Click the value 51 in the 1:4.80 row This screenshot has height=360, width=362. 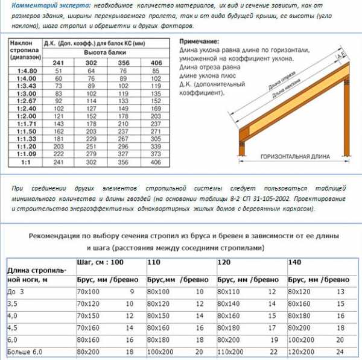[x=59, y=71]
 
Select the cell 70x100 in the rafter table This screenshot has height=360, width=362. [x=90, y=291]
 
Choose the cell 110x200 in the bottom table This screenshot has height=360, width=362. [x=230, y=351]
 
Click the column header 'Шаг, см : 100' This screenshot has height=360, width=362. [x=101, y=262]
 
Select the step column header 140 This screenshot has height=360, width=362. [x=294, y=263]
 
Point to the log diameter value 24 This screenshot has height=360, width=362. [x=341, y=351]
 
